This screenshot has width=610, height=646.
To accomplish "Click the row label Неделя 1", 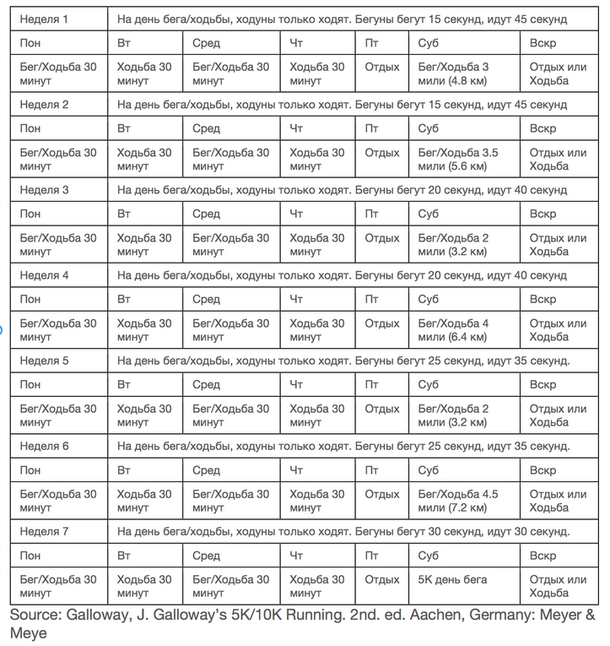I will pos(45,19).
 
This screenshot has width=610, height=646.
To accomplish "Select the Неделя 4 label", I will pos(45,275).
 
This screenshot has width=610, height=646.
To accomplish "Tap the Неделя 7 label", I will pos(45,531).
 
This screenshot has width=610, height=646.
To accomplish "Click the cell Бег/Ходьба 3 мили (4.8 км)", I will pos(453,73).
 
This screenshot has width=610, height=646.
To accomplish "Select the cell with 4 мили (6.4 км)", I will pos(453,330).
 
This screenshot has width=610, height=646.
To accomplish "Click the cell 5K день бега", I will pos(452,580).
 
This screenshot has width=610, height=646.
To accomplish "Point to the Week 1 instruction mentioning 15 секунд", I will pos(342,19).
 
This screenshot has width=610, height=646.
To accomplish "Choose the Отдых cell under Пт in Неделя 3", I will pos(382,238).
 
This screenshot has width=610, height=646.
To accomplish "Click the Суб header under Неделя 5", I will pos(428,385).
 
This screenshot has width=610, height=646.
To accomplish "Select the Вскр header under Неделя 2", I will pos(543,128).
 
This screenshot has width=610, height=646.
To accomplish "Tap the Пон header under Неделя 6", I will pos(30,470).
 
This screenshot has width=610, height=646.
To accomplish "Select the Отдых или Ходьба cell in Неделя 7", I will pos(558,586).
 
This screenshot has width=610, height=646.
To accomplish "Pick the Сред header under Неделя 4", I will pos(206,299).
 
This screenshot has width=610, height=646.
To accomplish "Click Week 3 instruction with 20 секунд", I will pos(342,190).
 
